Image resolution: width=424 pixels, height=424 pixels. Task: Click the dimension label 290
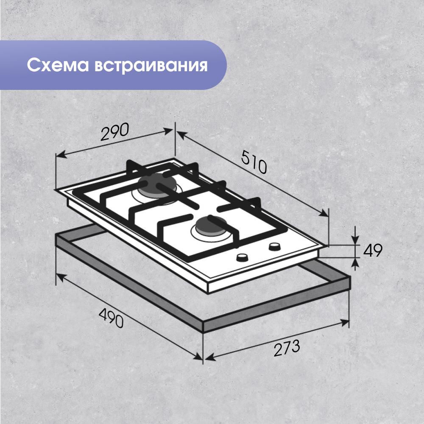[x=114, y=133]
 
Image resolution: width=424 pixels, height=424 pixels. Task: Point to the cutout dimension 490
[x=111, y=318]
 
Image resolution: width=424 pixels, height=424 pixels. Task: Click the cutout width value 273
[x=286, y=349]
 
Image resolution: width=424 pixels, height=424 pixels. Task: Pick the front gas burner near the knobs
[x=209, y=226]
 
